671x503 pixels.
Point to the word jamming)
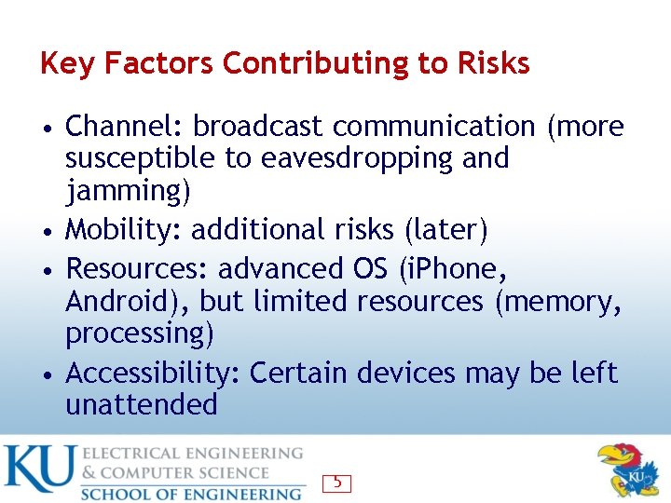[x=128, y=192]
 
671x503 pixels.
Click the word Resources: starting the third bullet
[x=139, y=268]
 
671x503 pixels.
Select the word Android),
[x=129, y=302]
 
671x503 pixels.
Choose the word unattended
[x=141, y=404]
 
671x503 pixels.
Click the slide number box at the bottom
[x=336, y=483]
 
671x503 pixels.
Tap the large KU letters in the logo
[x=38, y=470]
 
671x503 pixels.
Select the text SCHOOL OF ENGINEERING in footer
[x=191, y=493]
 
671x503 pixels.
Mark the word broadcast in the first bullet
[x=258, y=126]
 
